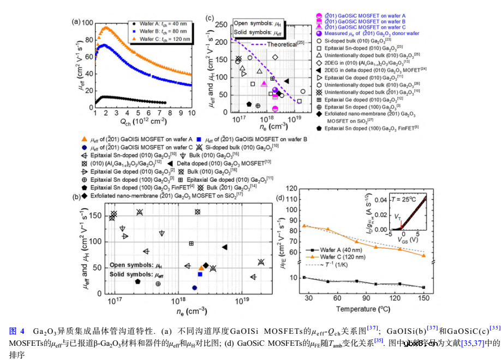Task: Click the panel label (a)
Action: [76, 22]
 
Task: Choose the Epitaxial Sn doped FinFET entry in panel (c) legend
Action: [369, 128]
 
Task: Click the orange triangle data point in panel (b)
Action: [201, 268]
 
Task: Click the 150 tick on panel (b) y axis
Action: [100, 216]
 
